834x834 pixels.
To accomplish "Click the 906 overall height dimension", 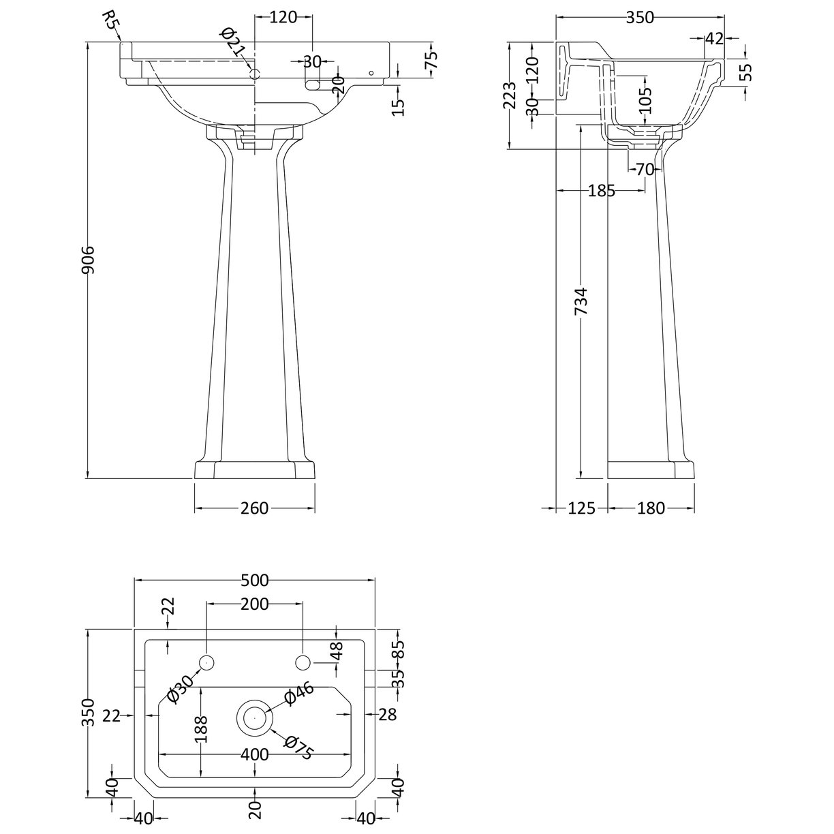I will pyautogui.click(x=88, y=260).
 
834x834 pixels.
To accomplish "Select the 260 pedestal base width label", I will pyautogui.click(x=254, y=508).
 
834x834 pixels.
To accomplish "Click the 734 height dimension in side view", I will pyautogui.click(x=581, y=300).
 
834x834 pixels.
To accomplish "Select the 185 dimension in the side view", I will pyautogui.click(x=601, y=191).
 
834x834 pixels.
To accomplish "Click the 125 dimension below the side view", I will pyautogui.click(x=581, y=508).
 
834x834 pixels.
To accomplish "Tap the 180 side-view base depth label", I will pyautogui.click(x=651, y=508).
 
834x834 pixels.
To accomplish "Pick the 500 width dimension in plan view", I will pyautogui.click(x=254, y=581).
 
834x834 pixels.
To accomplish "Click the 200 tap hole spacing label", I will pyautogui.click(x=254, y=604).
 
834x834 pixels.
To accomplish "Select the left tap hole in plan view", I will pyautogui.click(x=206, y=662).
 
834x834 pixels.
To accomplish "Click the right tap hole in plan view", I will pyautogui.click(x=303, y=662).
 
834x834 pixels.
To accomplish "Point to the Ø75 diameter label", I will pyautogui.click(x=297, y=747).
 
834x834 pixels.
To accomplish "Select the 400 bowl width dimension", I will pyautogui.click(x=254, y=755).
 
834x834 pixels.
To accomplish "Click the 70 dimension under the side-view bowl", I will pyautogui.click(x=644, y=169).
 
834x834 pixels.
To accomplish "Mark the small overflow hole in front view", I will pyautogui.click(x=371, y=72).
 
